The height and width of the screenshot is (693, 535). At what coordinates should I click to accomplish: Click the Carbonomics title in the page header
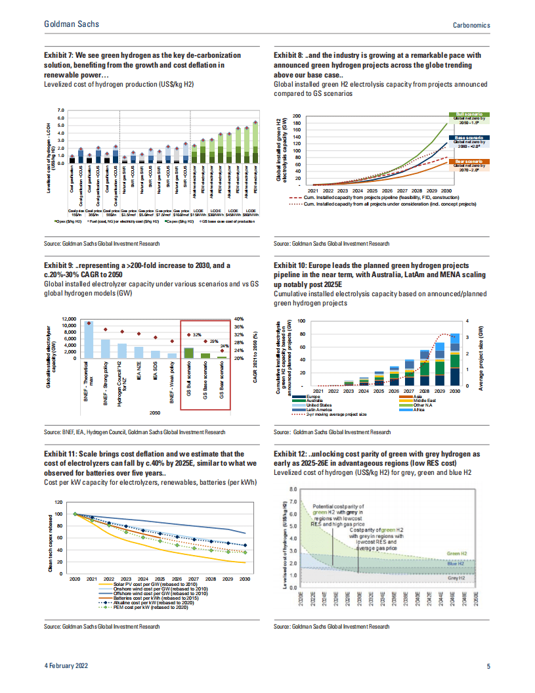point(472,24)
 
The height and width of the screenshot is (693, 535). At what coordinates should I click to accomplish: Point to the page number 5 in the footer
point(488,667)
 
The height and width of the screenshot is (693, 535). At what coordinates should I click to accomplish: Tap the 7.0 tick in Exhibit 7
point(61,110)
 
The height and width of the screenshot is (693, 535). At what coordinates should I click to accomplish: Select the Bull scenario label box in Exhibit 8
point(469,114)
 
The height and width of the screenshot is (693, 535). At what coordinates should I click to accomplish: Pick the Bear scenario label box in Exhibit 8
point(469,161)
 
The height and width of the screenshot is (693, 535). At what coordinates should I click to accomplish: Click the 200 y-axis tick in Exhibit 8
point(297,116)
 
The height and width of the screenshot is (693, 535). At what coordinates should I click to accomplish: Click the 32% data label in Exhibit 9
point(196,335)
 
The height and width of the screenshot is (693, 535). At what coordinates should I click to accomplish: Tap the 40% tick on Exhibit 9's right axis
point(240,319)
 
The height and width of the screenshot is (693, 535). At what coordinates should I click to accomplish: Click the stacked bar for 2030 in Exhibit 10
point(454,364)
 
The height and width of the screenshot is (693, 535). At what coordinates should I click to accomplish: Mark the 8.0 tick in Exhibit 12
point(293,489)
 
